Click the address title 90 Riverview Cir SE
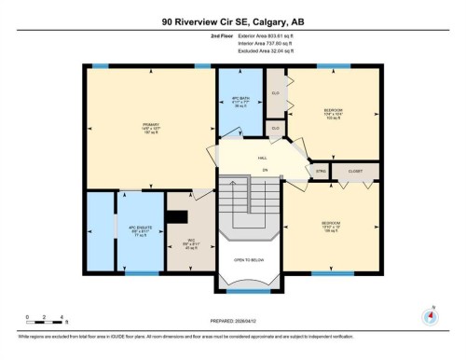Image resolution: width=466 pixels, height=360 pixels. tap(232, 21)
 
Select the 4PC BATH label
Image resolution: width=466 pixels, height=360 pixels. tap(240, 99)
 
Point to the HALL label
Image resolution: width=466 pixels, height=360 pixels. tap(264, 159)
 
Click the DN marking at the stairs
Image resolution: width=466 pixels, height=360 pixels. tap(265, 170)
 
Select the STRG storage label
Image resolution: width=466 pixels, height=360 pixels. tap(321, 172)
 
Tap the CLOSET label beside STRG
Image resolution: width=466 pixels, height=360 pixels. tap(355, 172)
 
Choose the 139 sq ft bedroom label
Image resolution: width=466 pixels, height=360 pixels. tap(329, 226)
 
